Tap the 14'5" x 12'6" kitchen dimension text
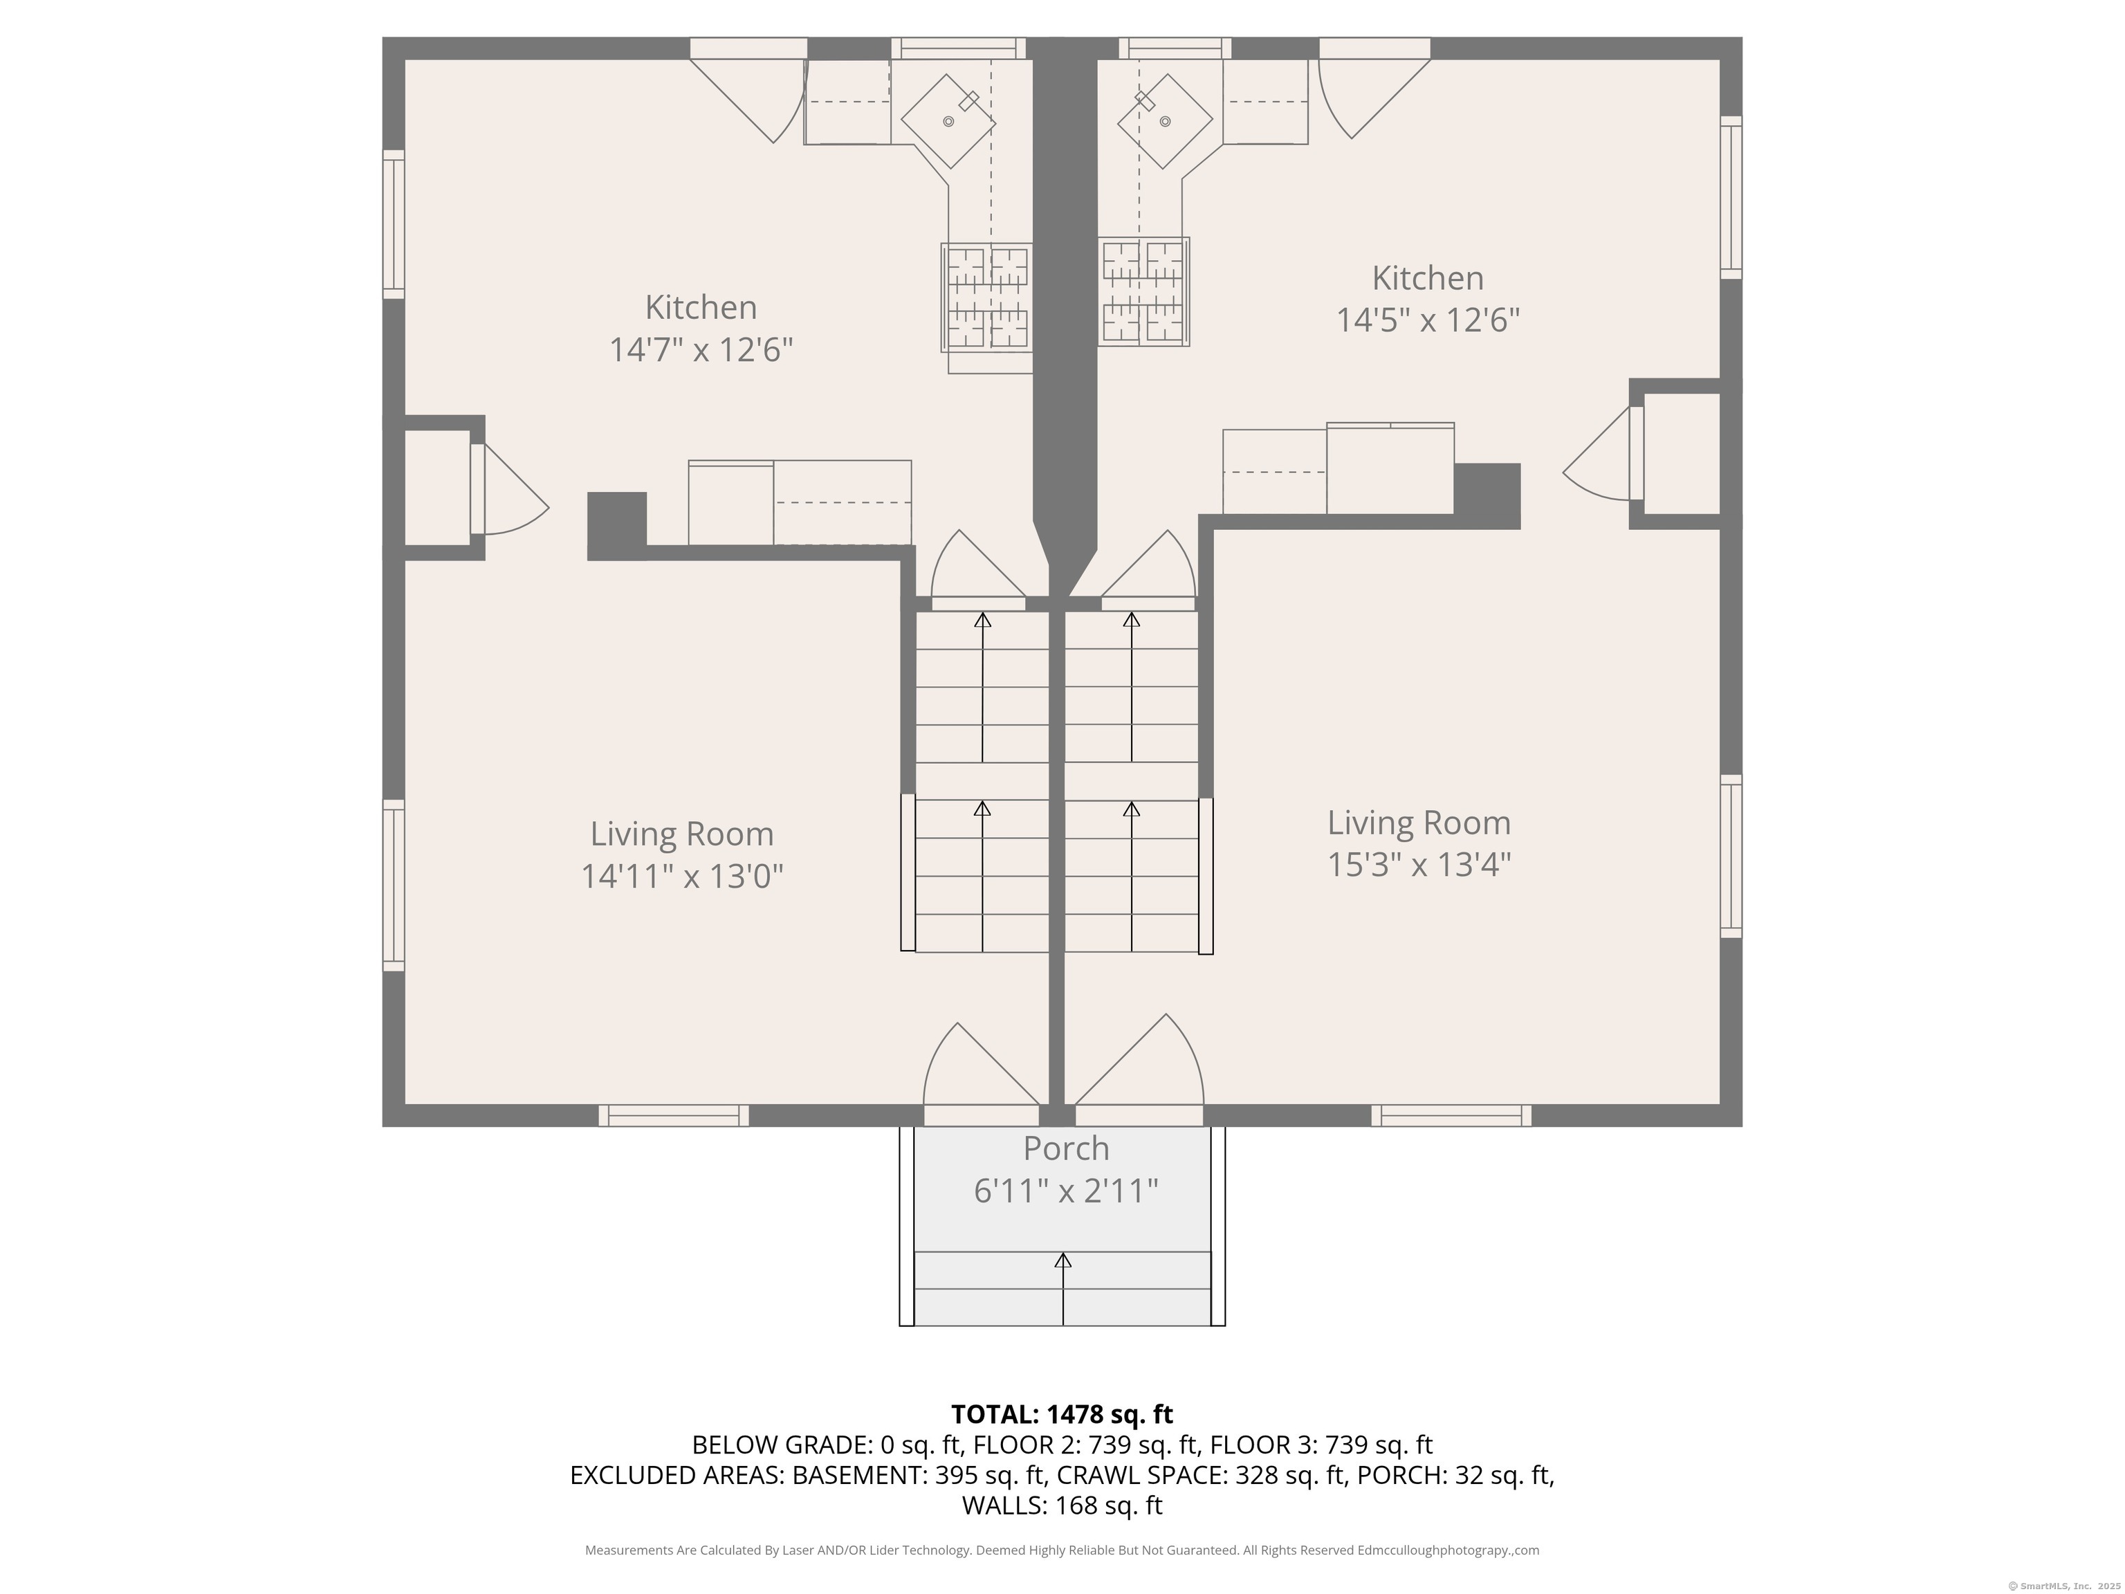click(x=1428, y=320)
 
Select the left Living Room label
click(x=681, y=834)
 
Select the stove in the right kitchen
click(x=1144, y=292)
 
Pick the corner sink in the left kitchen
click(x=948, y=122)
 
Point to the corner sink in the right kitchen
click(x=1164, y=121)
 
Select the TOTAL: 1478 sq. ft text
click(x=1062, y=1414)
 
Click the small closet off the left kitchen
click(x=436, y=488)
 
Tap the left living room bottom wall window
click(x=674, y=1115)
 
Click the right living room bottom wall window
click(x=1451, y=1115)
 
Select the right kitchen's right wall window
click(x=1730, y=197)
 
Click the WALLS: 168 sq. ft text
click(x=1062, y=1505)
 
